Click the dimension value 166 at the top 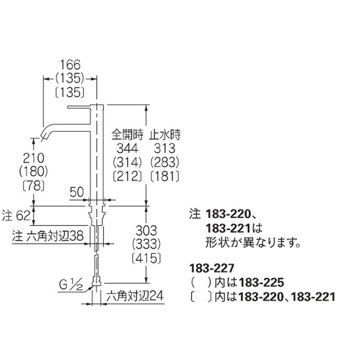[x=70, y=65]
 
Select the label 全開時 [x=127, y=135]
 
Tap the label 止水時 [x=165, y=135]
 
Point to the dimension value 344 [x=127, y=148]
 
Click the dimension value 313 [x=165, y=148]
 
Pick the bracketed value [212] [x=127, y=176]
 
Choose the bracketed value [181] [x=165, y=176]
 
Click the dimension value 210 [x=33, y=158]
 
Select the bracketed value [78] [x=33, y=185]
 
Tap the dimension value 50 [x=76, y=192]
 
